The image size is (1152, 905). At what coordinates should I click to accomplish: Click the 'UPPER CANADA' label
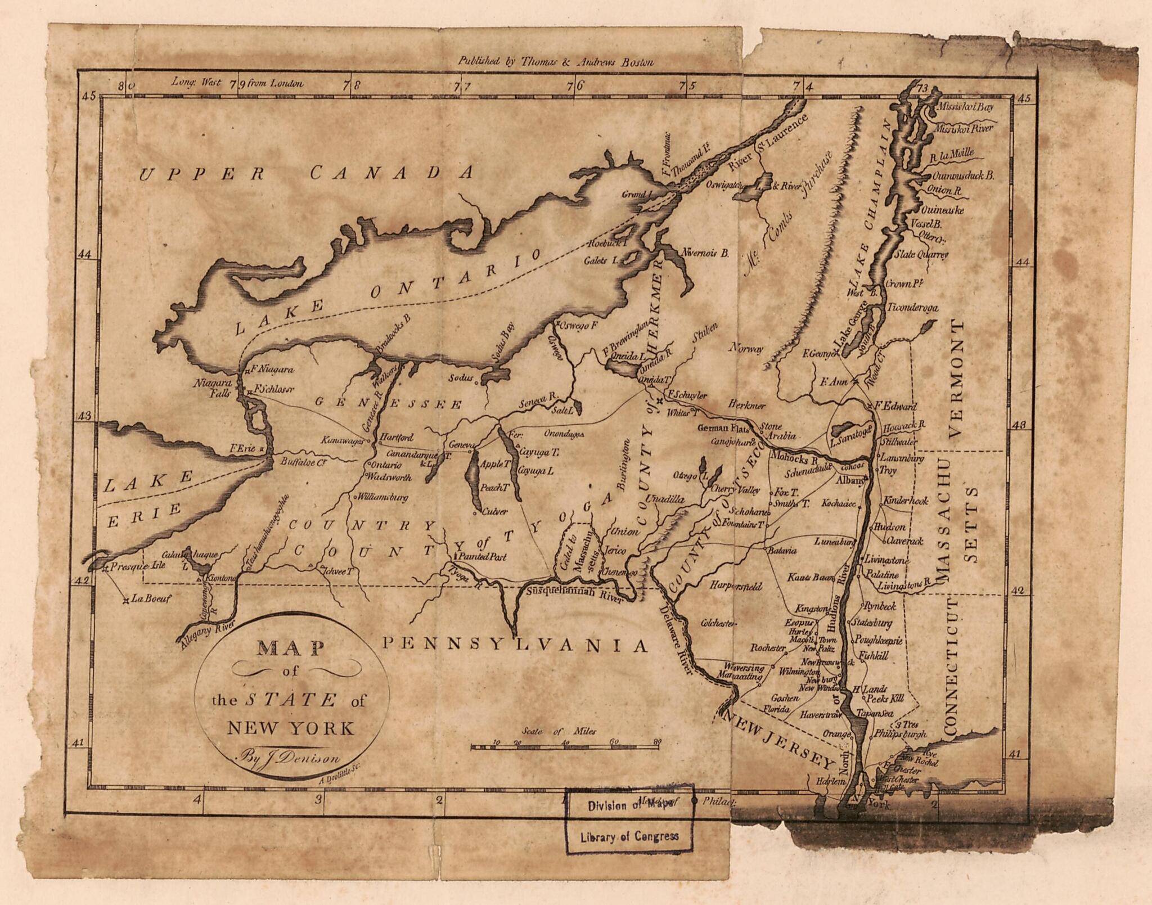coord(307,173)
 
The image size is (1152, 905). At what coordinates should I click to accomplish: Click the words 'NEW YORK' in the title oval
coord(290,728)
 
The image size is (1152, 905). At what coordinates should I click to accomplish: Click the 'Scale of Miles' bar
coord(565,746)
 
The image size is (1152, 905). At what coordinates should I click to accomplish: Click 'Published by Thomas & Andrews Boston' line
coord(555,62)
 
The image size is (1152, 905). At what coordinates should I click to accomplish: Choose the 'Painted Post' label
coord(482,557)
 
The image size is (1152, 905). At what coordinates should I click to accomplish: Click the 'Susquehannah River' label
coord(574,593)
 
